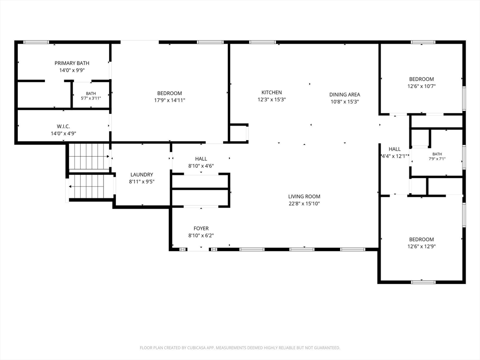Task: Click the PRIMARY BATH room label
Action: (72, 63)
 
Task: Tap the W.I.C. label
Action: (63, 127)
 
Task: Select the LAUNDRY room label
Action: (142, 174)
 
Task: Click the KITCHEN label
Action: (271, 92)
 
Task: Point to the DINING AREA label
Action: (345, 95)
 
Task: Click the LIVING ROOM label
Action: (304, 196)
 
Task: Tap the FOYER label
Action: (201, 228)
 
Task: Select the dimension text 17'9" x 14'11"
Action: (170, 100)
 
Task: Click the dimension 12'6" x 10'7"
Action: (421, 86)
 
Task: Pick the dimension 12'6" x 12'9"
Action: (421, 247)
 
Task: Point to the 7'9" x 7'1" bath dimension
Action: (437, 159)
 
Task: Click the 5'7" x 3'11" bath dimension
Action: (91, 98)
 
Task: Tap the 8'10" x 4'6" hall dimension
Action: (201, 166)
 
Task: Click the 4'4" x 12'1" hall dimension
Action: (395, 156)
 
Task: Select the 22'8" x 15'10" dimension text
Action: (304, 203)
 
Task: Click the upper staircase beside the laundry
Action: (89, 156)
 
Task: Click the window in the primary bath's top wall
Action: (36, 42)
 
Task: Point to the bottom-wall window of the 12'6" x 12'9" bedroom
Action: (423, 282)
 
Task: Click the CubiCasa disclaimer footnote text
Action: (240, 348)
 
